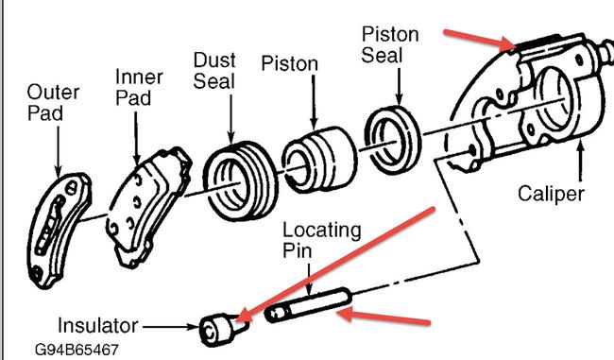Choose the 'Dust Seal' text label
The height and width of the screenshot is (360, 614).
click(215, 70)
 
